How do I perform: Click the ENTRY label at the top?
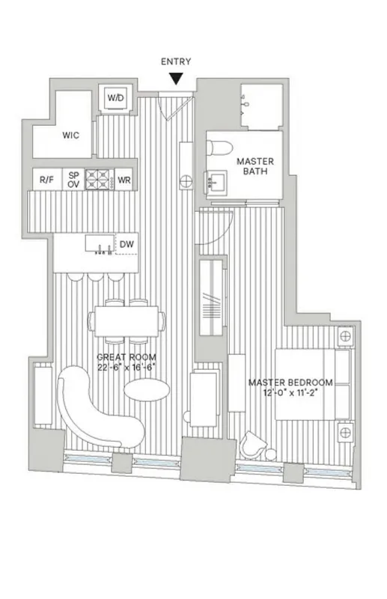point(177,61)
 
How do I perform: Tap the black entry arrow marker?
point(177,78)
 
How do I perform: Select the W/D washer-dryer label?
point(115,99)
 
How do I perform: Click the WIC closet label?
point(71,136)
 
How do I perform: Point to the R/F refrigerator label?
point(46,180)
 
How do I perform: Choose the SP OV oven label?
point(73,180)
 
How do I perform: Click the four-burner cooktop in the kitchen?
point(99,179)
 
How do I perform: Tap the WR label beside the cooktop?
point(124,180)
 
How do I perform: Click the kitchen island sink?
point(97,244)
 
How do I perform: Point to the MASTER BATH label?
point(255,166)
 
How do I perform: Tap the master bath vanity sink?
point(218,182)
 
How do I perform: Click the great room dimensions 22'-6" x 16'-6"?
point(125,368)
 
